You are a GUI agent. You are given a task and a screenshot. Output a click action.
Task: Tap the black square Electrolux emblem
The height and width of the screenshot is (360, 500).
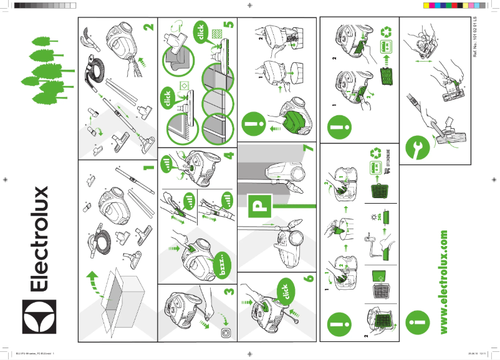[39, 317]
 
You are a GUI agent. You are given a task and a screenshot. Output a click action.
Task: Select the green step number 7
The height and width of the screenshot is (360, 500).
[307, 151]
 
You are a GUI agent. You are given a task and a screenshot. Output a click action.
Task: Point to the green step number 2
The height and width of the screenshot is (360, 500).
[148, 28]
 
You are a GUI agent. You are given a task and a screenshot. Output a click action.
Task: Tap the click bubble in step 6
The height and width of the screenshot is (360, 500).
[284, 294]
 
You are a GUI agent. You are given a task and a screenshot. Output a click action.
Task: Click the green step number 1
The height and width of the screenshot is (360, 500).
[147, 168]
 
